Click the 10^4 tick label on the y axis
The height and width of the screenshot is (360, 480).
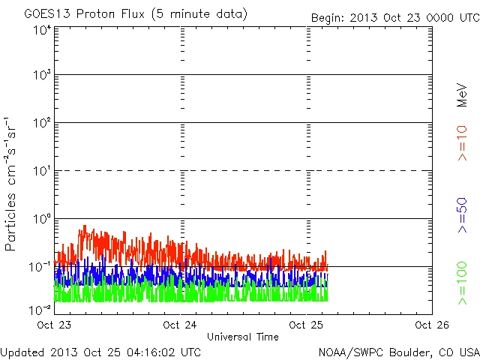tap(42, 31)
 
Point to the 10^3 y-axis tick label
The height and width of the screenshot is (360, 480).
tap(42, 76)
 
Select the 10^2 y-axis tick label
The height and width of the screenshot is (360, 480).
tap(42, 124)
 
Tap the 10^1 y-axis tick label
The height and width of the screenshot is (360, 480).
tap(42, 172)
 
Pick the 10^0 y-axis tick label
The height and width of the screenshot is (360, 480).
tap(42, 220)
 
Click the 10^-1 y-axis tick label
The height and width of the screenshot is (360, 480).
tap(40, 267)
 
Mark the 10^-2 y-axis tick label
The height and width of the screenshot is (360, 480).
tap(40, 309)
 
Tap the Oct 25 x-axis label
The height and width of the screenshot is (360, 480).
tap(304, 325)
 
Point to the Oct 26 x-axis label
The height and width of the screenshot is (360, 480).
tap(430, 325)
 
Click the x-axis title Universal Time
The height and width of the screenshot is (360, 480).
tap(242, 337)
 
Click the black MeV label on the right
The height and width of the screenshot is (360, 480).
tap(462, 97)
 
